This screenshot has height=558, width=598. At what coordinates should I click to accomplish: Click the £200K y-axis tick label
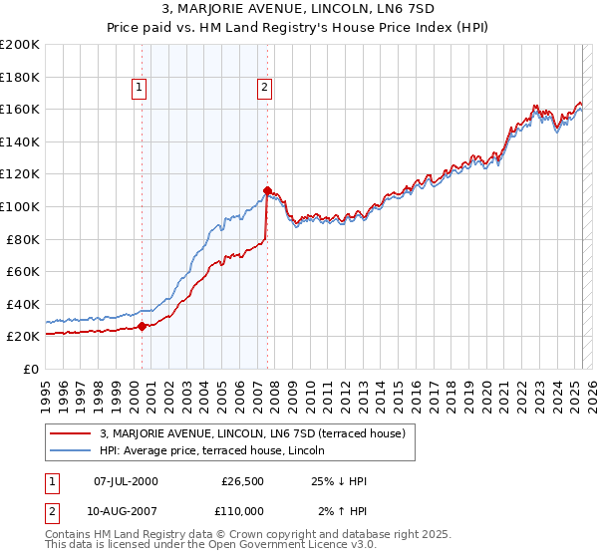coord(20,45)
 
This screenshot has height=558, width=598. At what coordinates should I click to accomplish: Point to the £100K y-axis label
coord(20,206)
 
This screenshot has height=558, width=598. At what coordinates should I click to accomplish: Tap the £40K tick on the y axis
coord(23,304)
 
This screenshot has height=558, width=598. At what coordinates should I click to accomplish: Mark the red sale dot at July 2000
coord(142,326)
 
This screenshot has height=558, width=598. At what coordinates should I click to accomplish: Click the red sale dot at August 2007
coord(267,189)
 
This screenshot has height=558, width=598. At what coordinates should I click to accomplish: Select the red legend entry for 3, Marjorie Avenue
coord(252,433)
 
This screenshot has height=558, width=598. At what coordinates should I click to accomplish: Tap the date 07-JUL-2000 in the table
coord(126,481)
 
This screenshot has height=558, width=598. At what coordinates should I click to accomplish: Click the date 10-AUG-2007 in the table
coord(126,511)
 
